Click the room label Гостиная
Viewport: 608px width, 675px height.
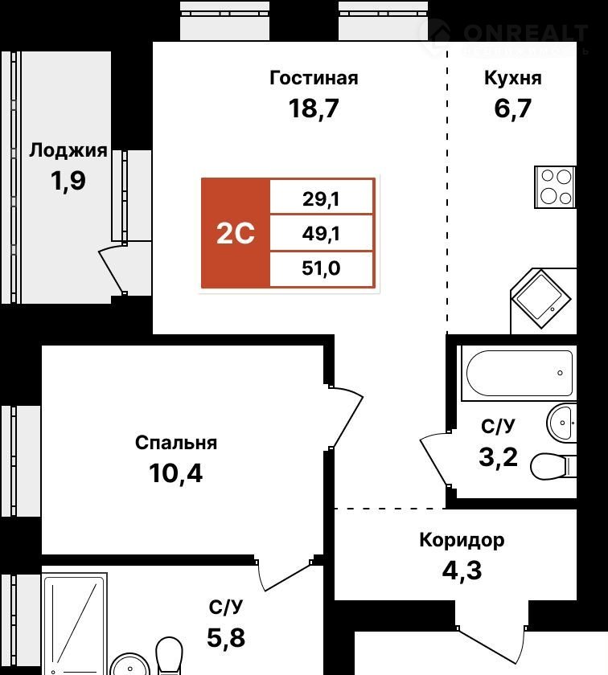point(314,79)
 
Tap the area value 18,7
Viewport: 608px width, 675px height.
point(314,108)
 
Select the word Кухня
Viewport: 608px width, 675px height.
point(513,78)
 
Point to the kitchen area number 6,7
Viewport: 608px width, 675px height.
point(513,108)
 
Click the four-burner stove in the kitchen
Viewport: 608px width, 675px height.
point(556,186)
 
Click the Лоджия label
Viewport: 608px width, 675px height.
point(68,151)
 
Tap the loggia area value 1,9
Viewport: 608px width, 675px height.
point(68,180)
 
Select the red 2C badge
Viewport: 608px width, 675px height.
point(236,233)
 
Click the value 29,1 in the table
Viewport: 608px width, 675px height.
point(321,199)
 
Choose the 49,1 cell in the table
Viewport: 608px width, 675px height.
point(321,234)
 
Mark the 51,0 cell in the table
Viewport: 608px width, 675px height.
point(321,268)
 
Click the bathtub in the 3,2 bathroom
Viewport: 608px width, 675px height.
point(519,373)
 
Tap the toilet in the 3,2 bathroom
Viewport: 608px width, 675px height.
point(553,466)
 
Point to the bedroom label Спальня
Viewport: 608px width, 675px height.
point(176,443)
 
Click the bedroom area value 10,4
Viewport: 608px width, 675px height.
point(176,473)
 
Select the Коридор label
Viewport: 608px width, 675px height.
point(462,540)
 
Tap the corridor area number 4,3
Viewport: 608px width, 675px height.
point(462,570)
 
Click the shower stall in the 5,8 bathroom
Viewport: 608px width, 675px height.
point(75,624)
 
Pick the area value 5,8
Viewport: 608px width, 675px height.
point(226,637)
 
